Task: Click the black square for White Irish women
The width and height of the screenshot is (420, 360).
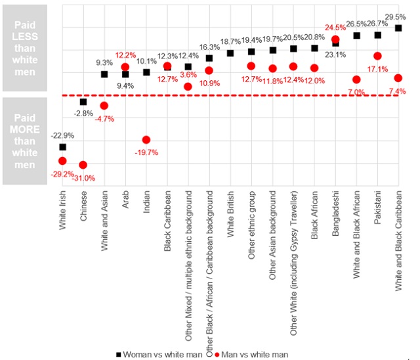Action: (x=62, y=147)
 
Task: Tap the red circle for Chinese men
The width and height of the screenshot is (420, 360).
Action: (x=83, y=165)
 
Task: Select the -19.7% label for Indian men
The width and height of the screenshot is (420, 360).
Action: (x=146, y=152)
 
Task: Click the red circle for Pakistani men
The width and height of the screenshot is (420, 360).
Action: (x=377, y=56)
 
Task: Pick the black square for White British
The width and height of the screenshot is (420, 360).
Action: (x=230, y=53)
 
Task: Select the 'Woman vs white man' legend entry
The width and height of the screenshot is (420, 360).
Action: (x=160, y=353)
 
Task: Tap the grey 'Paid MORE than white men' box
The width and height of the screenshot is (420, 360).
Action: (x=24, y=141)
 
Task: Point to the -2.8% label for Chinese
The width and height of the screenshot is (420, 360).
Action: (x=83, y=113)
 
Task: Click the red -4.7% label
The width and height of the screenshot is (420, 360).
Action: (x=104, y=119)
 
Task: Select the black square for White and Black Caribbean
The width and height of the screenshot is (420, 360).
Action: (x=398, y=28)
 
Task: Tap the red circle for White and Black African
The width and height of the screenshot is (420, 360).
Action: (x=356, y=79)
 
